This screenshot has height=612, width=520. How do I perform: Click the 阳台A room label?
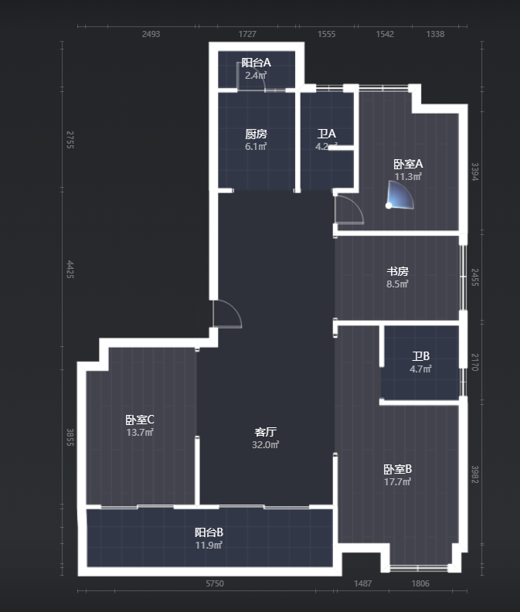256,63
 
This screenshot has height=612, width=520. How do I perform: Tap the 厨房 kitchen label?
256,134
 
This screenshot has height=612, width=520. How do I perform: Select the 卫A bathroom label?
326,134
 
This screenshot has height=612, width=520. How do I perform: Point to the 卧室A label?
408,164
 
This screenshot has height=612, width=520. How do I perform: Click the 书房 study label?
397,271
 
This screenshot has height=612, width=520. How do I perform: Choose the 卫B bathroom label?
420,356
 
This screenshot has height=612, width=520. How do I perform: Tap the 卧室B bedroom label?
397,469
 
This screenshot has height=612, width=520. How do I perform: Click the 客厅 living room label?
266,432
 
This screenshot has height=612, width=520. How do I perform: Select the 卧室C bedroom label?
140,420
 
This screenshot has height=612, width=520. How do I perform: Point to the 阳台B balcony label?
209,532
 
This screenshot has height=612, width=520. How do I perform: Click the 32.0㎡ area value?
266,444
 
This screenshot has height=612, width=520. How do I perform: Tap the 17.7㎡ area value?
397,481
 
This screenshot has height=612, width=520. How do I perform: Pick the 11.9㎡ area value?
209,545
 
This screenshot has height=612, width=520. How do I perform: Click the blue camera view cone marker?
399,195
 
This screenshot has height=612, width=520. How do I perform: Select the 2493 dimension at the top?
151,34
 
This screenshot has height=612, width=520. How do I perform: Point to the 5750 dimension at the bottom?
215,583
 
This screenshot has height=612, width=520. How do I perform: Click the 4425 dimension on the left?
70,270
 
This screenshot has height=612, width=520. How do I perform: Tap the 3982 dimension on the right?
474,474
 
